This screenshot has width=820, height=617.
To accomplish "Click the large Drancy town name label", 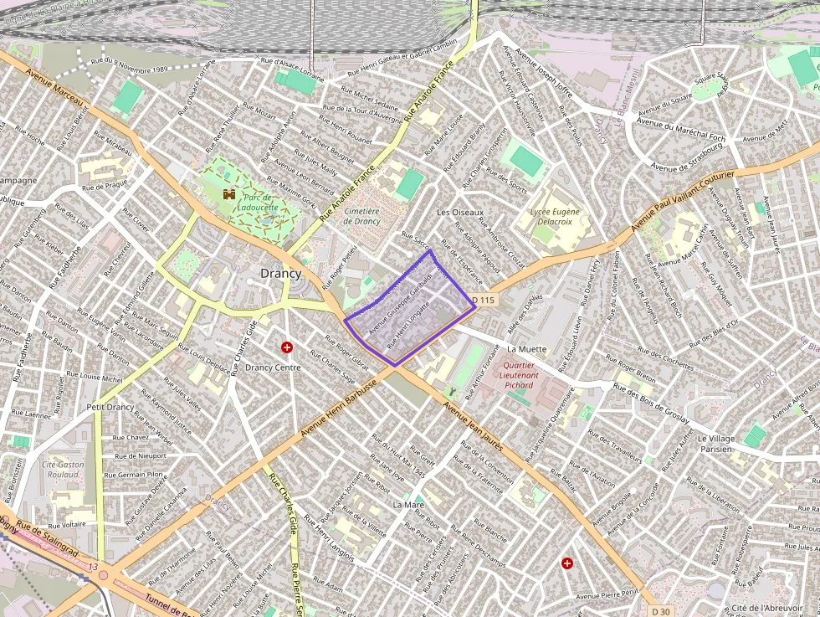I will [x=280, y=273].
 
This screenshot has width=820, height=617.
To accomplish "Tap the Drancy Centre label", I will [x=273, y=367].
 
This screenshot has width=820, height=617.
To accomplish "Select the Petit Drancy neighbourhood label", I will [x=110, y=407].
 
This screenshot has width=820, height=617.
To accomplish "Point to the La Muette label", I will [x=526, y=348].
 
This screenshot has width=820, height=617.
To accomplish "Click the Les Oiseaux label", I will [x=460, y=213].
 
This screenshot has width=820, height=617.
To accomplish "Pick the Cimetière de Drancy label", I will [x=361, y=216].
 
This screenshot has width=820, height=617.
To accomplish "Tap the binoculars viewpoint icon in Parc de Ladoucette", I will [x=228, y=194].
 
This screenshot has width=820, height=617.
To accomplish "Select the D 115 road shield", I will [x=484, y=300].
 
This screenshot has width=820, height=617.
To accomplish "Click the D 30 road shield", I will [x=661, y=611].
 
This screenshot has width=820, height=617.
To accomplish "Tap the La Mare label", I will [x=408, y=505].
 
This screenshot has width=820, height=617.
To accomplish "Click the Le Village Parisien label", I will [x=727, y=444].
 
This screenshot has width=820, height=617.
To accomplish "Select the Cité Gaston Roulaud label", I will [x=63, y=469].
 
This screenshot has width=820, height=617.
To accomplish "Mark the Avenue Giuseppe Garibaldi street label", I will [x=393, y=302].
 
